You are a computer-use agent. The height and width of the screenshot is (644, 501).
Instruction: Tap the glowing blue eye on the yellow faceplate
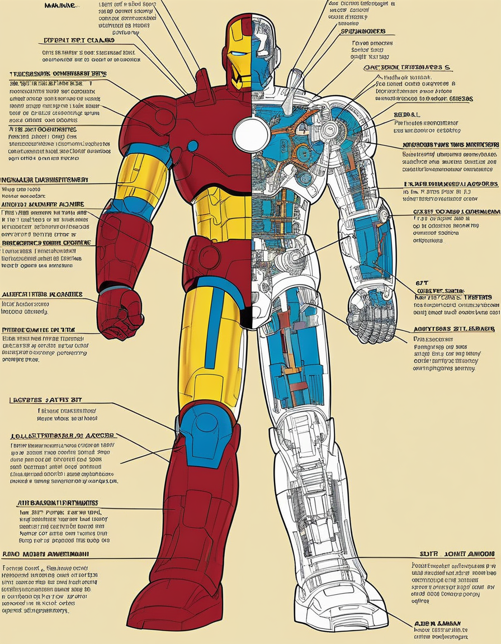point(238,54)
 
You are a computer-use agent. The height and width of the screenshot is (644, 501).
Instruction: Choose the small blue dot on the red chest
point(192,146)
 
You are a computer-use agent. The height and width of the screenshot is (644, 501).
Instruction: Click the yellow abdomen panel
point(223,212)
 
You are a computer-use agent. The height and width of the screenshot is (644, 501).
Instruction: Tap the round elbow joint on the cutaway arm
point(384,214)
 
